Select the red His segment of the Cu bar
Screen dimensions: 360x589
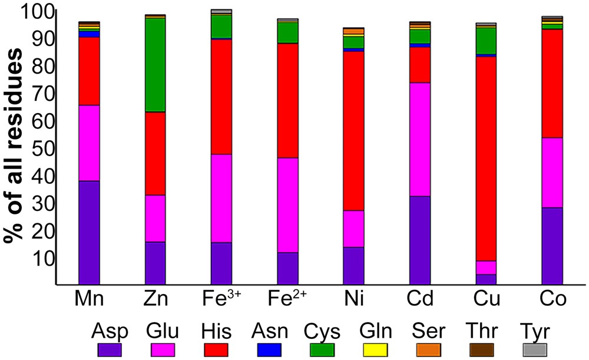point(487,158)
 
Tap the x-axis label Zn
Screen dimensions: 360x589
point(155,300)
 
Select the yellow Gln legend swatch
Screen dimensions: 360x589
point(373,349)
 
